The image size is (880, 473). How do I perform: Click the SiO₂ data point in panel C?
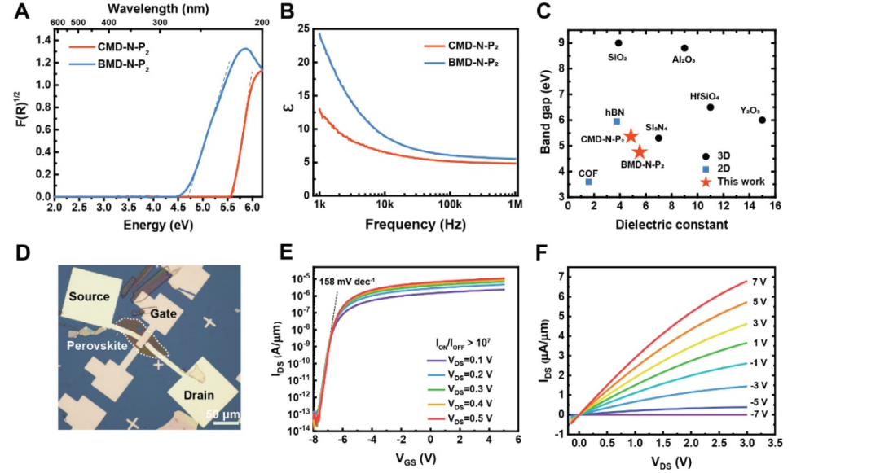point(618,43)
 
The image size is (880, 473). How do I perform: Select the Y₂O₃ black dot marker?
point(762,120)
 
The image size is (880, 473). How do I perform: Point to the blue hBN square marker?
point(617,121)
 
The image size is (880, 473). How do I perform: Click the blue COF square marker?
point(588,182)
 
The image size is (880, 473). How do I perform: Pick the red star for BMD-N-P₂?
point(640,151)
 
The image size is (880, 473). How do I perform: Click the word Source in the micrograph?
point(89,296)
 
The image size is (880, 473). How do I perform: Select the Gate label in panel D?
point(165,313)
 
